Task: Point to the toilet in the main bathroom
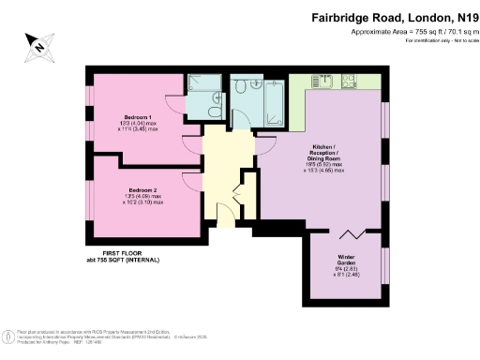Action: [x=243, y=87]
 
